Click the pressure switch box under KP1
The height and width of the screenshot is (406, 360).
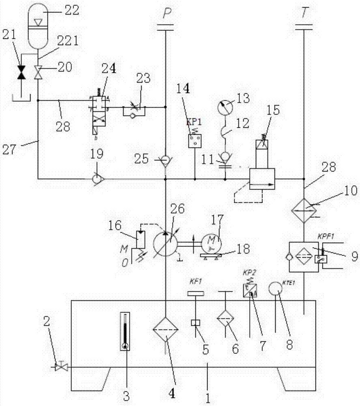194,141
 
